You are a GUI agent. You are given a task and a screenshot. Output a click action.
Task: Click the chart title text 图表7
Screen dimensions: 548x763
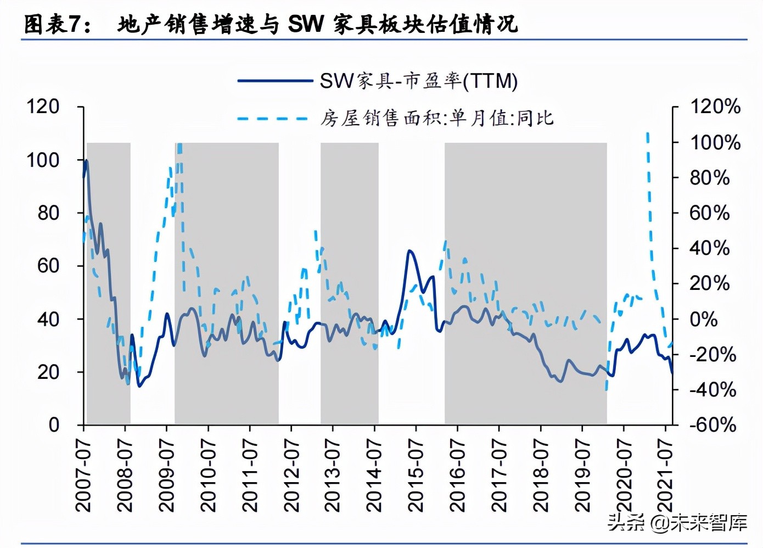[x=58, y=25]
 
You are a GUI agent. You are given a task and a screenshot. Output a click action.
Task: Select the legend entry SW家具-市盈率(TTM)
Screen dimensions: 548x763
[x=419, y=81]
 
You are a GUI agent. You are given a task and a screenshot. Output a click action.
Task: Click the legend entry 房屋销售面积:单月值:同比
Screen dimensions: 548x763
[x=437, y=118]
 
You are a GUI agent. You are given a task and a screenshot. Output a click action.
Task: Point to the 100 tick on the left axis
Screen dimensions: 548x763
[x=43, y=160]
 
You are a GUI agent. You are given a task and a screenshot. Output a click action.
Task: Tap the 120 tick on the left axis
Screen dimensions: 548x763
[x=43, y=107]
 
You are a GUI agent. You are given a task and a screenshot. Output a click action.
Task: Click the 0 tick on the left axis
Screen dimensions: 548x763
[x=54, y=424]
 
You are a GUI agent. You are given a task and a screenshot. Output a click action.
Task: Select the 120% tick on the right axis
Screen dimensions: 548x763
[x=715, y=107]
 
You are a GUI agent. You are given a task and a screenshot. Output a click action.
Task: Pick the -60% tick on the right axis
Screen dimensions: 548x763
[x=712, y=424]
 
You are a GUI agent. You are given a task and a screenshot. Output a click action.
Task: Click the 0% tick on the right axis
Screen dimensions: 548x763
[x=703, y=319]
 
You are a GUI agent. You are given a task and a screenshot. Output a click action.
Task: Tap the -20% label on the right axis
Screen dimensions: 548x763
[x=712, y=354]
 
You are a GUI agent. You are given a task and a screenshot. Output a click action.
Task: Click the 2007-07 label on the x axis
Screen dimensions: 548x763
[x=83, y=476]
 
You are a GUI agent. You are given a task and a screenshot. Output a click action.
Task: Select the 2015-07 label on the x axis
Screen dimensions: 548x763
[x=416, y=476]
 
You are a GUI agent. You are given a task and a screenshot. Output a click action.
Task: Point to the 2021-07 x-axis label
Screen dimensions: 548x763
[x=665, y=476]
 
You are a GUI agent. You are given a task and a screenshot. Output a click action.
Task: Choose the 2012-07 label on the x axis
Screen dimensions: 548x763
[x=291, y=476]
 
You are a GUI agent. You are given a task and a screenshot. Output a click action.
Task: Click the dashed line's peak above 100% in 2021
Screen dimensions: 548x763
[x=648, y=133]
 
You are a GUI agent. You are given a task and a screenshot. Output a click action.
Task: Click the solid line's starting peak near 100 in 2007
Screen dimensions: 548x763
[x=86, y=160]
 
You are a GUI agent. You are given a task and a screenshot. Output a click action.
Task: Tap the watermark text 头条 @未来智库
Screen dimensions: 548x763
[x=677, y=522]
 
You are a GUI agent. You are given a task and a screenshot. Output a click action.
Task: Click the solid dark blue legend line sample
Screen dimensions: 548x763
[x=274, y=81]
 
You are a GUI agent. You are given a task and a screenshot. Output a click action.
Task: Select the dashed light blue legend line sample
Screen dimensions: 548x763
[x=273, y=118]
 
